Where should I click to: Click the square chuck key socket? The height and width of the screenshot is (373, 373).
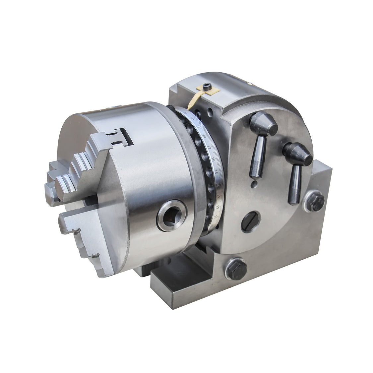pos(172,216)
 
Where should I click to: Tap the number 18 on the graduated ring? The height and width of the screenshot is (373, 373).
pos(204,137)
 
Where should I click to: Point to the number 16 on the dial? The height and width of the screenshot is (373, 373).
pos(213,161)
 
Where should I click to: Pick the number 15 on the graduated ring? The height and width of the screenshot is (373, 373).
pos(216,172)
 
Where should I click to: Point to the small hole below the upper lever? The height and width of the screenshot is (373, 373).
pos(254,183)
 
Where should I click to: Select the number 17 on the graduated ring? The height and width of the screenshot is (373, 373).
pos(209,148)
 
